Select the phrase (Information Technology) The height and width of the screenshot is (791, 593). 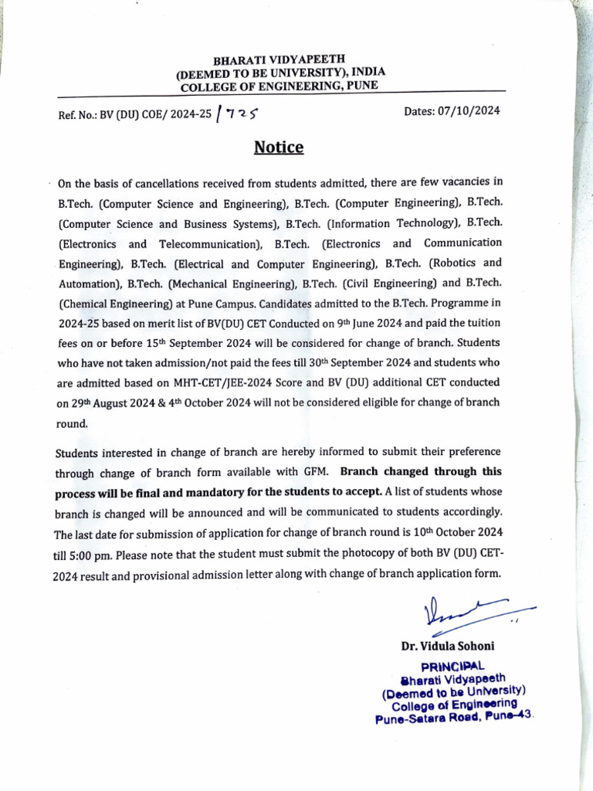click(392, 223)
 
